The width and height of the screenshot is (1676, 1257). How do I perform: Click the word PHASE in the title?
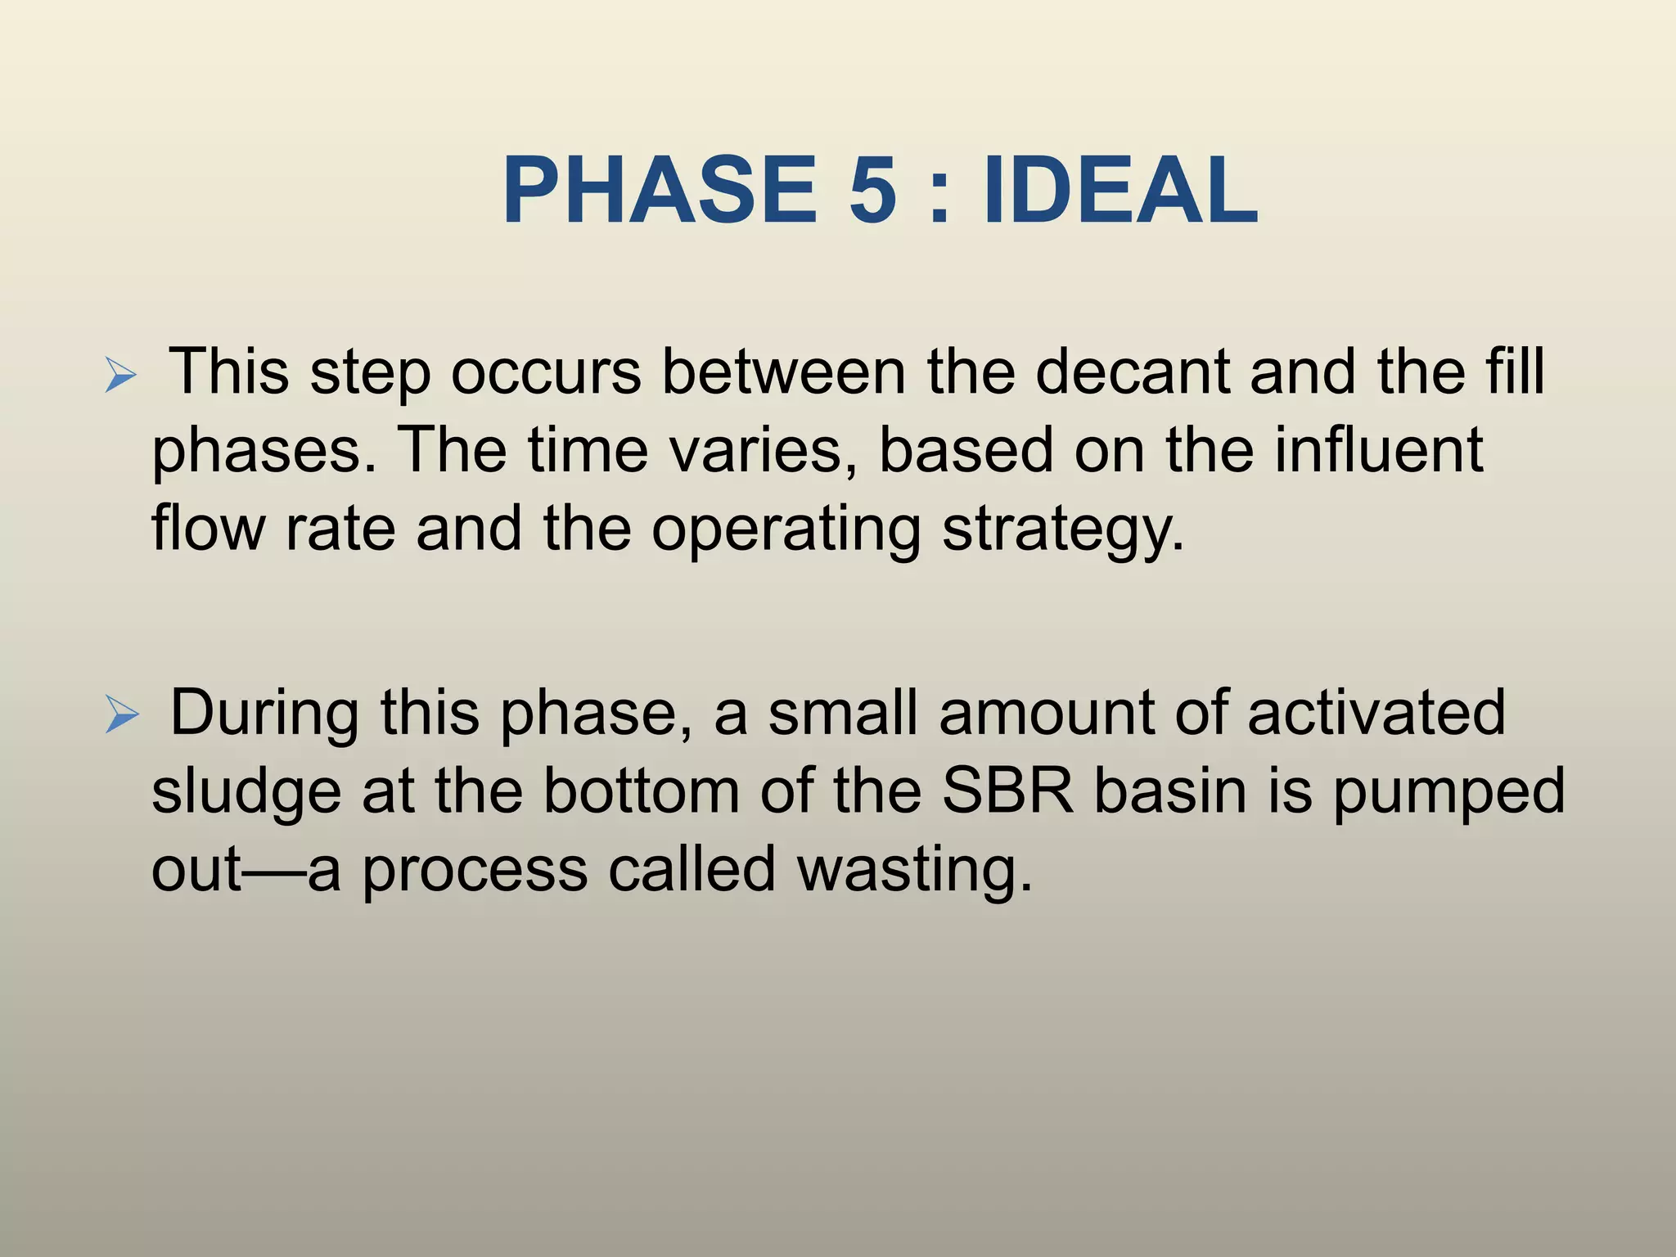[x=660, y=191]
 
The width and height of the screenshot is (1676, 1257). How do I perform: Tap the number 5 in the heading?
[x=873, y=191]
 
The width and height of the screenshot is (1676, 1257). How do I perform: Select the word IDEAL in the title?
[x=1120, y=191]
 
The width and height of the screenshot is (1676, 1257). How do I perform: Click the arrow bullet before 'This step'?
[x=120, y=377]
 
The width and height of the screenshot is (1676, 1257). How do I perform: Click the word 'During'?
[x=264, y=713]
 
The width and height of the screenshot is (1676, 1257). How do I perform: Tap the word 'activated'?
[x=1376, y=713]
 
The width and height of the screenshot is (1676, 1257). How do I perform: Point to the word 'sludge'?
[x=246, y=792]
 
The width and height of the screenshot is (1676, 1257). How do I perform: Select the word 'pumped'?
[x=1448, y=792]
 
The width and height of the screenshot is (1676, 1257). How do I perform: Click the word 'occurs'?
[x=546, y=372]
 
